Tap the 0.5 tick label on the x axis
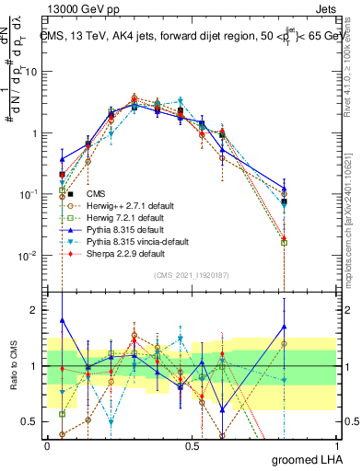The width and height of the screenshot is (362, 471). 192,444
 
